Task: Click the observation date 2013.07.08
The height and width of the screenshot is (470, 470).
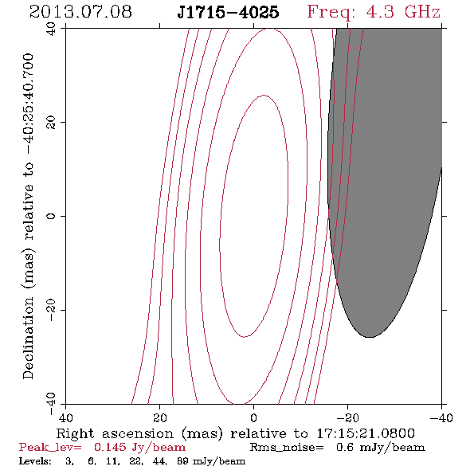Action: point(80,12)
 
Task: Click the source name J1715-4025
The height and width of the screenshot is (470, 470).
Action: point(228,12)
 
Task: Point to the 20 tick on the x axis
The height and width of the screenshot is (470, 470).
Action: point(160,418)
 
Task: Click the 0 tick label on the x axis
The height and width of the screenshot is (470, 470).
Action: point(253,418)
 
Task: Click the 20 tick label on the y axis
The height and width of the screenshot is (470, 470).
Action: point(51,123)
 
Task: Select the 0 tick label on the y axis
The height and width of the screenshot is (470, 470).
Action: point(51,216)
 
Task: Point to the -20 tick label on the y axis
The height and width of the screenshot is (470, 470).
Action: point(51,310)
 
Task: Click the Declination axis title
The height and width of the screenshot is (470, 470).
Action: point(28,216)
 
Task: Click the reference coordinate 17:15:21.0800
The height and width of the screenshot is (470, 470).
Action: point(366,433)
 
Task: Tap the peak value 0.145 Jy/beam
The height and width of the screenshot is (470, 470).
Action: point(139,448)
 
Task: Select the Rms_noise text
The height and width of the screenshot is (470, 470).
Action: point(287,448)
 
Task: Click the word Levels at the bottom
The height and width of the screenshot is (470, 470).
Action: point(35,461)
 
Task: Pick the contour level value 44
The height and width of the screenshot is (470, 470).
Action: point(160,461)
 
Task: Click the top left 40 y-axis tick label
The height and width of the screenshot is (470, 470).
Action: point(51,29)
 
